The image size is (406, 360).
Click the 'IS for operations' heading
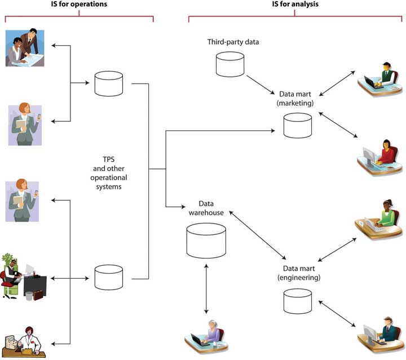click(79, 4)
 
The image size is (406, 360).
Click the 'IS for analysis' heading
click(295, 4)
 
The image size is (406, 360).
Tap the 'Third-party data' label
click(233, 42)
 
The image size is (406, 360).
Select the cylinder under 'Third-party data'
click(230, 64)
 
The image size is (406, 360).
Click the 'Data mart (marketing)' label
click(295, 99)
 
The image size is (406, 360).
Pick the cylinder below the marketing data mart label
click(298, 125)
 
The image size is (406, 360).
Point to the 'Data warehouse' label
click(206, 208)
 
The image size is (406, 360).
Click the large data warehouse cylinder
click(206, 241)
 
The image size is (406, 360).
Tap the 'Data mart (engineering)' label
click(299, 273)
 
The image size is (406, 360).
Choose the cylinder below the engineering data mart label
click(298, 301)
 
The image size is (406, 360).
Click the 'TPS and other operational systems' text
click(109, 173)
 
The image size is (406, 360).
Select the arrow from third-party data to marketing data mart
click(261, 85)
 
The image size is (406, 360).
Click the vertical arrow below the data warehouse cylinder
click(206, 289)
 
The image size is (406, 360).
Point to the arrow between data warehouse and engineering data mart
click(257, 235)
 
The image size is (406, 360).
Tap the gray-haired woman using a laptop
click(206, 336)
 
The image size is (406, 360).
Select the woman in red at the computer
click(379, 157)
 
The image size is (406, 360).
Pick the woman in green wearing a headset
click(378, 219)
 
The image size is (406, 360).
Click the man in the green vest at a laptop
click(379, 80)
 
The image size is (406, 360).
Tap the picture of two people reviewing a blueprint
click(25, 48)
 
